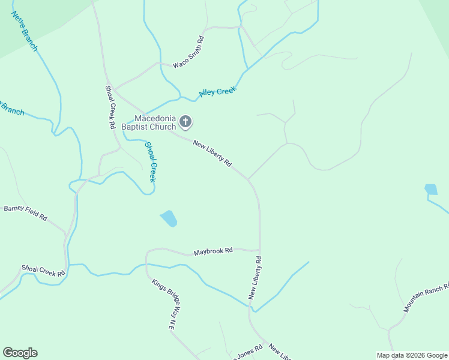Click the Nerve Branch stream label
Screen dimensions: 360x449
[25, 31]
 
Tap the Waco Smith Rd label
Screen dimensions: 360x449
[189, 52]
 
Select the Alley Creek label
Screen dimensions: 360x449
[218, 92]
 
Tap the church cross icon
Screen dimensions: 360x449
[185, 122]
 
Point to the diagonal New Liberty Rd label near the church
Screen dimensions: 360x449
[212, 152]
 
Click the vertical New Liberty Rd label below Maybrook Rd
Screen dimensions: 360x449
[255, 278]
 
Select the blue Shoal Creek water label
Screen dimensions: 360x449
[152, 162]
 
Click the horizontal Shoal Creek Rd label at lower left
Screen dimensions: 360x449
[43, 271]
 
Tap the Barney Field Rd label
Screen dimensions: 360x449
[25, 212]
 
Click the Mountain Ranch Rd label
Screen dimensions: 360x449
[426, 298]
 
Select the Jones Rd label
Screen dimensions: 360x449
[249, 350]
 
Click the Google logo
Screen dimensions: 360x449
[20, 353]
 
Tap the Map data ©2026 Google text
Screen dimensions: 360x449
[411, 355]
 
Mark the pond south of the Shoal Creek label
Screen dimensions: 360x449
[169, 218]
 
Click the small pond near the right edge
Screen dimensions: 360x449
[431, 190]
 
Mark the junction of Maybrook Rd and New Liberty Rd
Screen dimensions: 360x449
[259, 250]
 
